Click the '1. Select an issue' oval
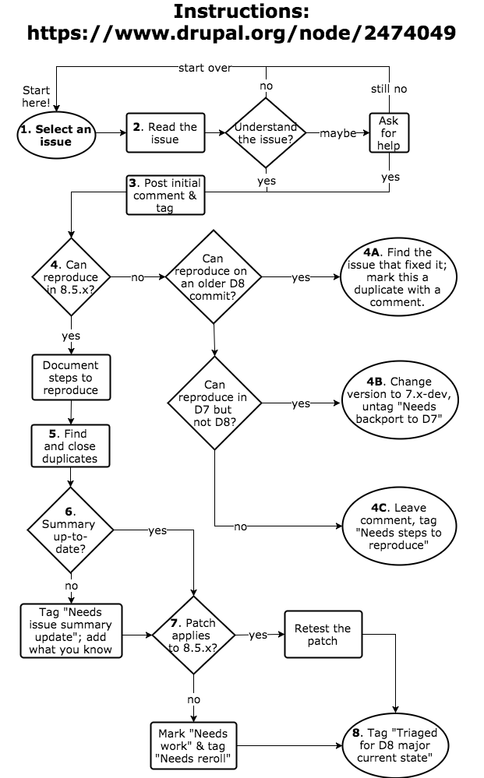click(55, 136)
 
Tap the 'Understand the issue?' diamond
click(267, 133)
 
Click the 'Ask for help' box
click(388, 133)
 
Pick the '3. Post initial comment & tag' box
click(165, 195)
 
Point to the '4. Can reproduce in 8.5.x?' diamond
click(71, 276)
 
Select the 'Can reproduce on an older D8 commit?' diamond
click(213, 276)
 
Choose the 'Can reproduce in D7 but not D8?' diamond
click(214, 403)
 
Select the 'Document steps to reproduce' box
click(71, 378)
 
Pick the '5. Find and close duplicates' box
click(71, 446)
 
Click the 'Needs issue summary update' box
click(71, 631)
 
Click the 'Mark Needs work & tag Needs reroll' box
click(193, 745)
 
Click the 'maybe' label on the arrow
click(337, 133)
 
